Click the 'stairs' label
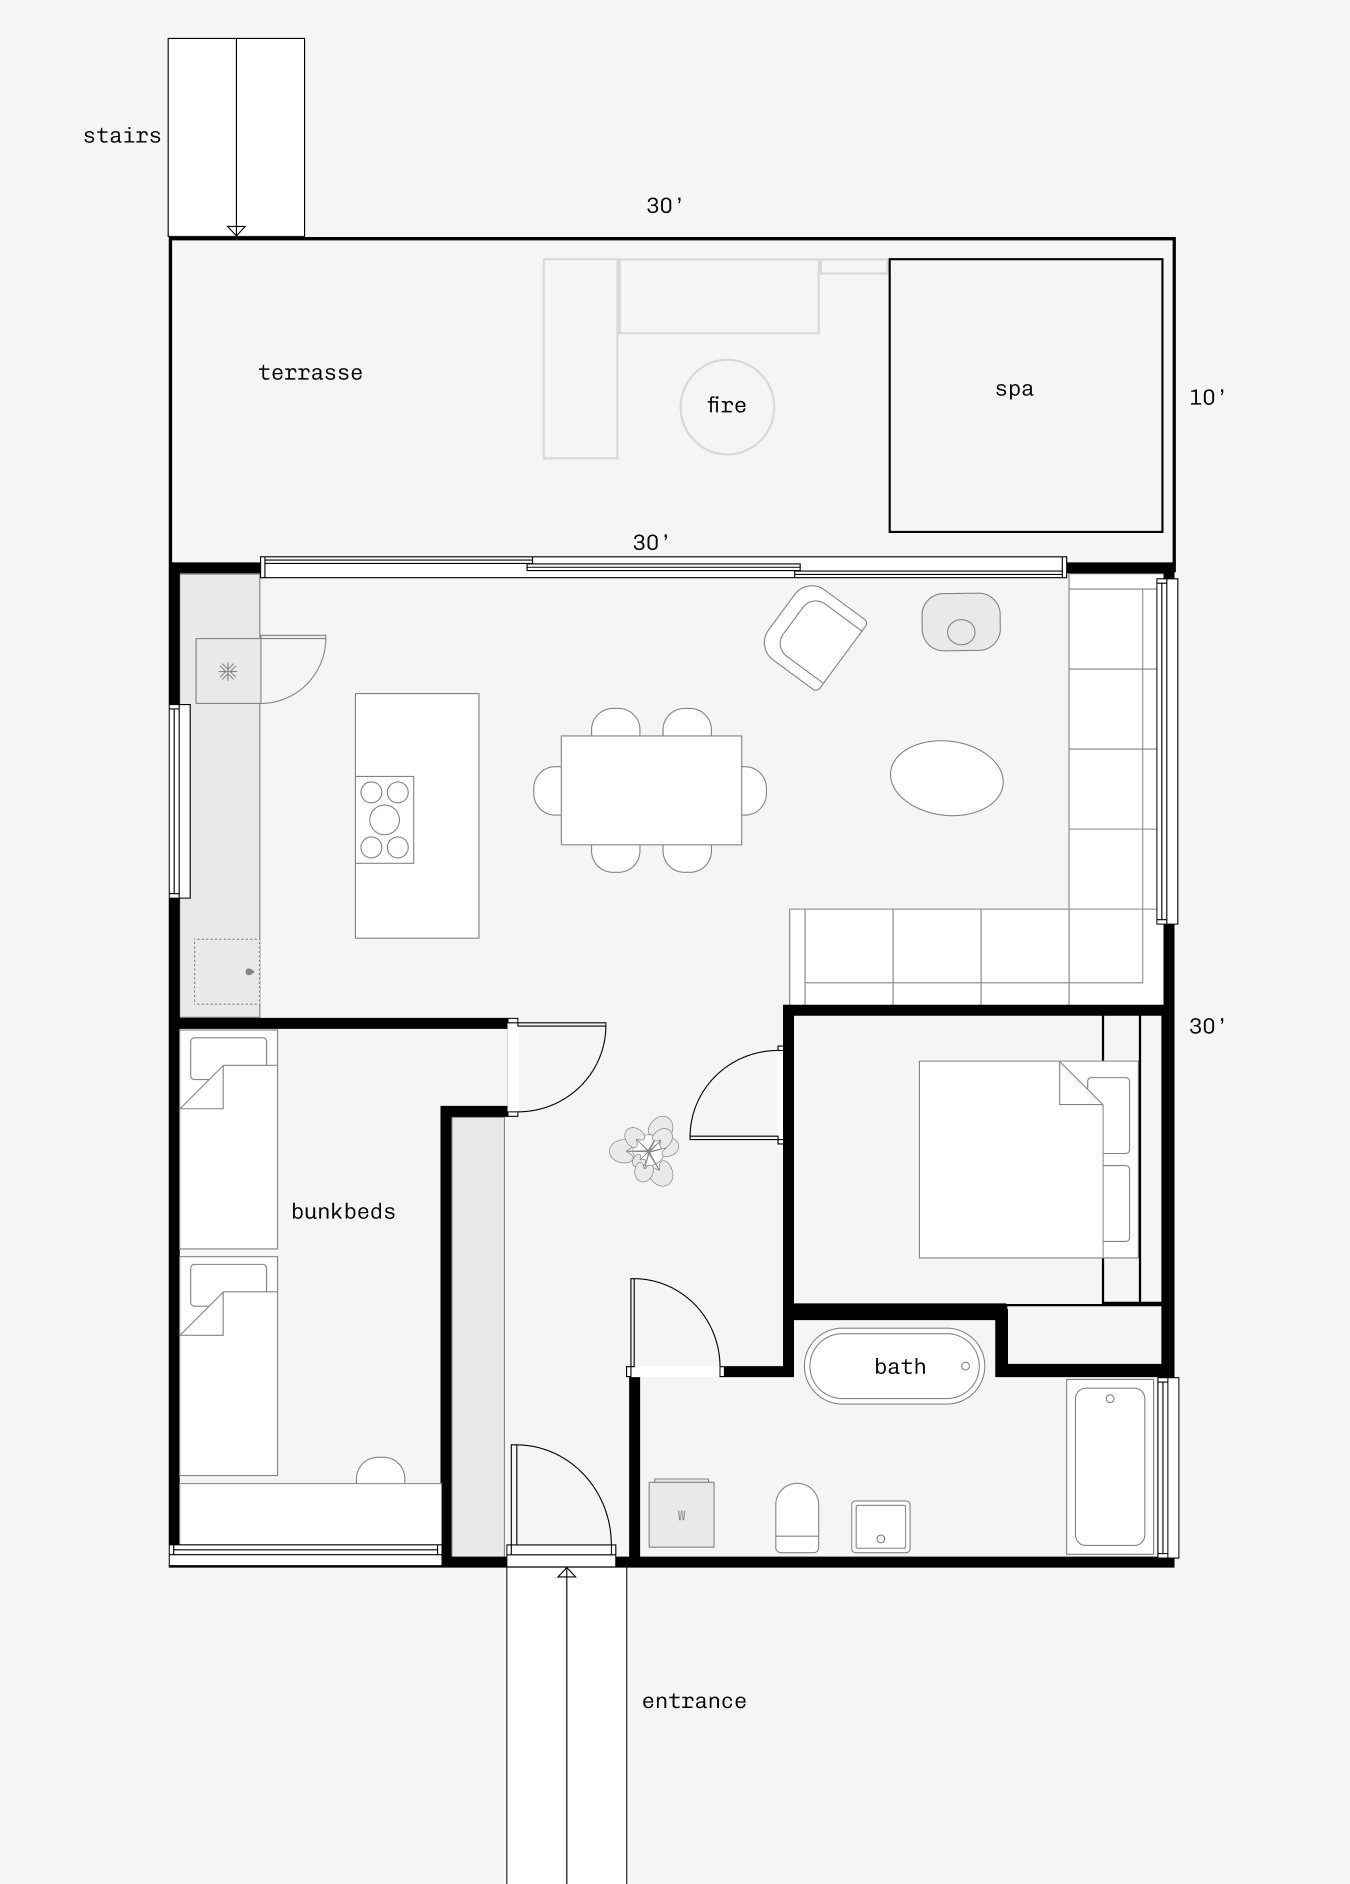pos(122,135)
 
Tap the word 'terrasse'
pos(310,373)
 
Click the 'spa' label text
pos(1014,389)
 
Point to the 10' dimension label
pos(1207,397)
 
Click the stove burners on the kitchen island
pos(385,820)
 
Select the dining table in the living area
pos(651,790)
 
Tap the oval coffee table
pos(947,778)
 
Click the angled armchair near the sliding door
pos(815,637)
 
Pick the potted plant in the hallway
pos(646,1151)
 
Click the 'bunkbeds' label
pos(343,1212)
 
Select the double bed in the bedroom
pos(1028,1159)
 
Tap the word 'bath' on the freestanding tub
pos(900,1367)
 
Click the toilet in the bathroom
pos(797,1517)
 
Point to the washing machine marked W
pos(682,1513)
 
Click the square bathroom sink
pos(881,1526)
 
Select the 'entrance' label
pos(694,1701)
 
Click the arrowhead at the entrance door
pos(567,1572)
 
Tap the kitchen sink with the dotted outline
pos(227,971)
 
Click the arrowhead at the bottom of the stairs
pos(236,231)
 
